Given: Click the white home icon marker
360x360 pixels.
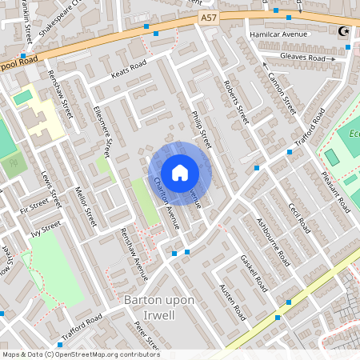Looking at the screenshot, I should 180,173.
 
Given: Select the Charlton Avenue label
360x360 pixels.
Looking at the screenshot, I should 165,203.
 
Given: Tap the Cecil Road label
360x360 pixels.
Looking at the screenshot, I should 299,211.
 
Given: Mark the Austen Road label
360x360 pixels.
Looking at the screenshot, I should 232,302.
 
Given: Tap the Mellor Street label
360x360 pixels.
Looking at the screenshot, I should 84,204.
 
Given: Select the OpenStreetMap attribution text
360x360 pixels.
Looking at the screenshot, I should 80,354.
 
